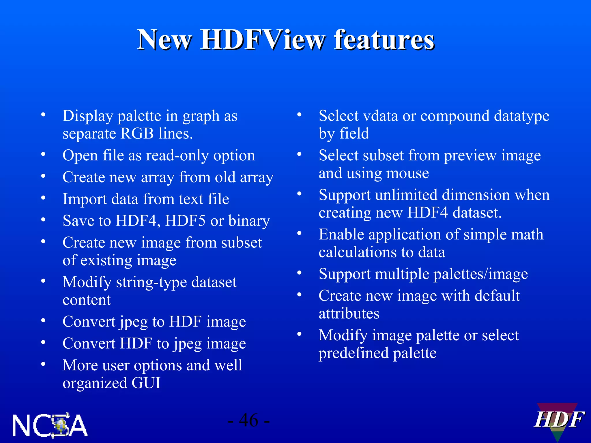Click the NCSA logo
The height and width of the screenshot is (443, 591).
pyautogui.click(x=50, y=425)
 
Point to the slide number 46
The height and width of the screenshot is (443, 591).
pyautogui.click(x=249, y=420)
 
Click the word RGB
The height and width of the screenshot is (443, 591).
pyautogui.click(x=137, y=134)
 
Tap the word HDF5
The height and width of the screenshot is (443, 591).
pyautogui.click(x=185, y=221)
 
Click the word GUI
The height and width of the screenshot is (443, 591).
pyautogui.click(x=146, y=383)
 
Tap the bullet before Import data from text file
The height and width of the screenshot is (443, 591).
pyautogui.click(x=43, y=198)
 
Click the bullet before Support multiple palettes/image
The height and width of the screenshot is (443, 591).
pyautogui.click(x=300, y=273)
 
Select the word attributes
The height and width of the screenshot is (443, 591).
pyautogui.click(x=349, y=314)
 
